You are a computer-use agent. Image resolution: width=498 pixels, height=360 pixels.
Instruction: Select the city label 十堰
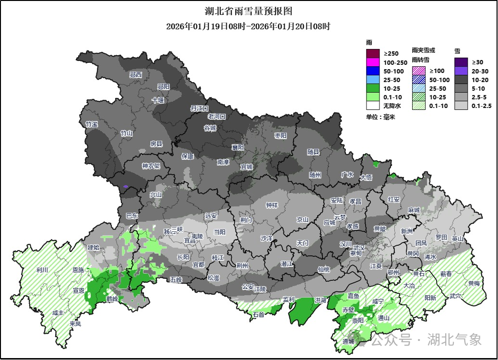tap(158, 100)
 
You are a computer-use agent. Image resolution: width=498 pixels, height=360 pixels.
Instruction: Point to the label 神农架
tap(151, 166)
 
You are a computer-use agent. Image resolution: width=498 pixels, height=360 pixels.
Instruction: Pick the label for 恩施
tap(78, 271)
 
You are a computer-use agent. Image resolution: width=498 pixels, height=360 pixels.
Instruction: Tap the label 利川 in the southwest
tap(42, 270)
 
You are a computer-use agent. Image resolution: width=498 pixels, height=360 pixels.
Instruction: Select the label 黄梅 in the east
tap(474, 283)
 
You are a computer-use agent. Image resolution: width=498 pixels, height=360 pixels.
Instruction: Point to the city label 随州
tap(315, 175)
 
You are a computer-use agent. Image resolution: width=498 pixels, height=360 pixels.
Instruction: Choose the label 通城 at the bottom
tap(348, 341)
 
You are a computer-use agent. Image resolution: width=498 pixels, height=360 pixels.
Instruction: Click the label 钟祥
tap(272, 205)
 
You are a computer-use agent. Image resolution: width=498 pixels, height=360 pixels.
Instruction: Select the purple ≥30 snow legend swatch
tap(461, 62)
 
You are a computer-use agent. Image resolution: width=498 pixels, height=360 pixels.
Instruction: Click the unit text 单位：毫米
tap(380, 117)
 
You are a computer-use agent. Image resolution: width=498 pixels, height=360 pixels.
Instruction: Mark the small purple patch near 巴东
tap(126, 186)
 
